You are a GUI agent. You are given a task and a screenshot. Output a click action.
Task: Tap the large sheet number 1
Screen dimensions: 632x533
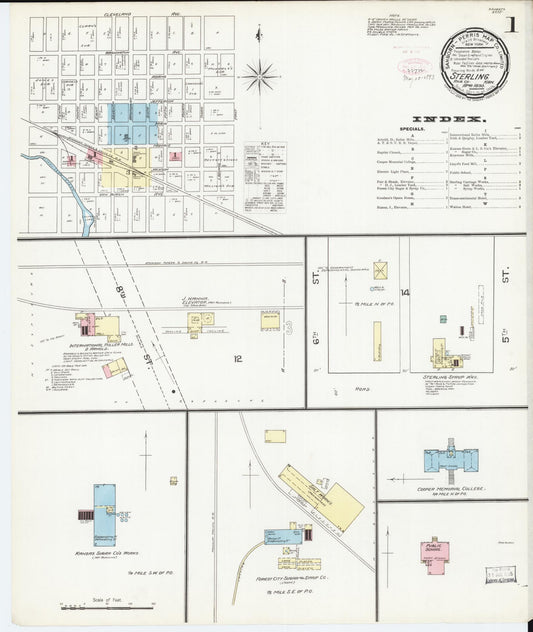coord(510,23)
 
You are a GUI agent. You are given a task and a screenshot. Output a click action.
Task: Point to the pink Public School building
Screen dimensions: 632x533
coord(435,551)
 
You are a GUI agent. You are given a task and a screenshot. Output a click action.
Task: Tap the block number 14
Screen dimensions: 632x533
coord(406,292)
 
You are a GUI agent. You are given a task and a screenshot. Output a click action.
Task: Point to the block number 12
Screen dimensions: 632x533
coord(238,357)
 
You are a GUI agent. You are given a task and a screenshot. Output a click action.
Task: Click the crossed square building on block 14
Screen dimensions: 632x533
coord(380,271)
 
